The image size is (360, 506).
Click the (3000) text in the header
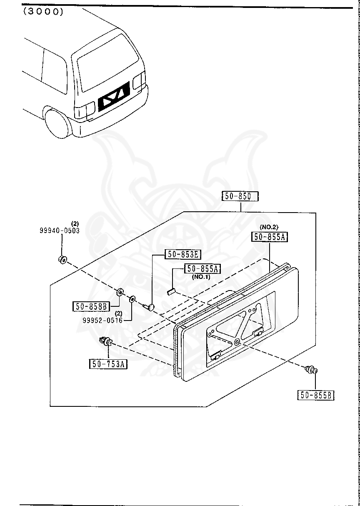click(43, 12)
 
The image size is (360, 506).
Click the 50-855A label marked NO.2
click(270, 237)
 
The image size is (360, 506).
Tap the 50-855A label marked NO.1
click(202, 269)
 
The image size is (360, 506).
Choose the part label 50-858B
click(92, 307)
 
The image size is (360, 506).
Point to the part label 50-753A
click(108, 364)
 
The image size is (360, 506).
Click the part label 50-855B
click(316, 395)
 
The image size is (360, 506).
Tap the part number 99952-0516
click(102, 320)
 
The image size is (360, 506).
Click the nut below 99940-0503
click(62, 260)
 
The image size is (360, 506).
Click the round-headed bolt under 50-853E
click(149, 307)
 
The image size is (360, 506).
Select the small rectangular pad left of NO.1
click(170, 292)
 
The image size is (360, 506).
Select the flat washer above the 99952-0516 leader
click(132, 299)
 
